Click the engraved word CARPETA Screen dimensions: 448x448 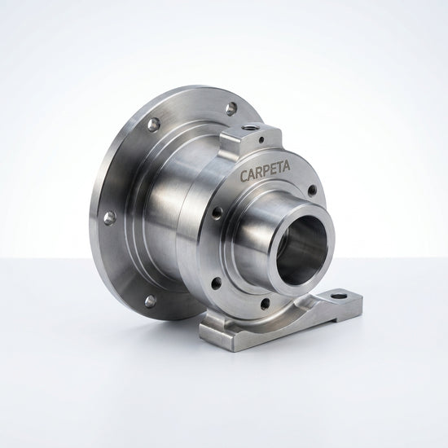tap(266, 171)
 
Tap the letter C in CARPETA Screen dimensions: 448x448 tap(244, 176)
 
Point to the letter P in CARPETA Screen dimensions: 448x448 tap(266, 171)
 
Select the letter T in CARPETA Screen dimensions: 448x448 tap(280, 168)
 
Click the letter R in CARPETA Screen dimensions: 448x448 tap(259, 173)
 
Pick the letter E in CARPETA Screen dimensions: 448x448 tap(274, 169)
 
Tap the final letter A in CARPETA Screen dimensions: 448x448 tap(287, 165)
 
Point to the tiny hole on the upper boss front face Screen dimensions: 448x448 tap(261, 140)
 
